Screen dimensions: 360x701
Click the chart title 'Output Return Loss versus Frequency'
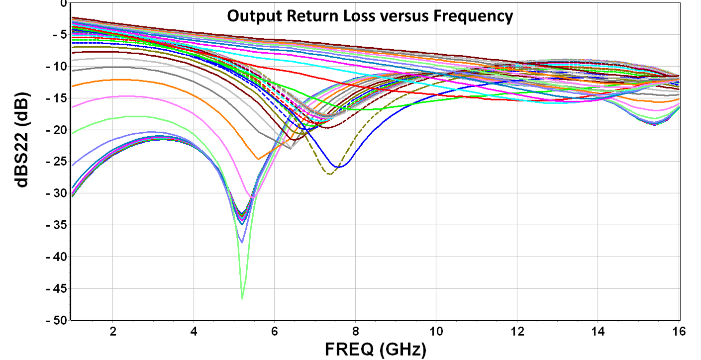coord(370,16)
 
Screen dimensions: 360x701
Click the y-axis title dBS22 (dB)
coord(22,139)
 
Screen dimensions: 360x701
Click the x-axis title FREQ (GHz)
coord(375,350)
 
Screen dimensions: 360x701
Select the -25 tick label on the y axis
coord(56,162)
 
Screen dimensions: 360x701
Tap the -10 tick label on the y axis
coord(56,66)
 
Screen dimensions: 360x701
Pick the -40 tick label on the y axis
coord(56,257)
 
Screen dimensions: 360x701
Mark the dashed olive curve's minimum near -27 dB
coord(329,174)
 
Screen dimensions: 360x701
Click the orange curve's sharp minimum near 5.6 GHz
coord(258,159)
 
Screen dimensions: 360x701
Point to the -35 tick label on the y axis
coord(56,225)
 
